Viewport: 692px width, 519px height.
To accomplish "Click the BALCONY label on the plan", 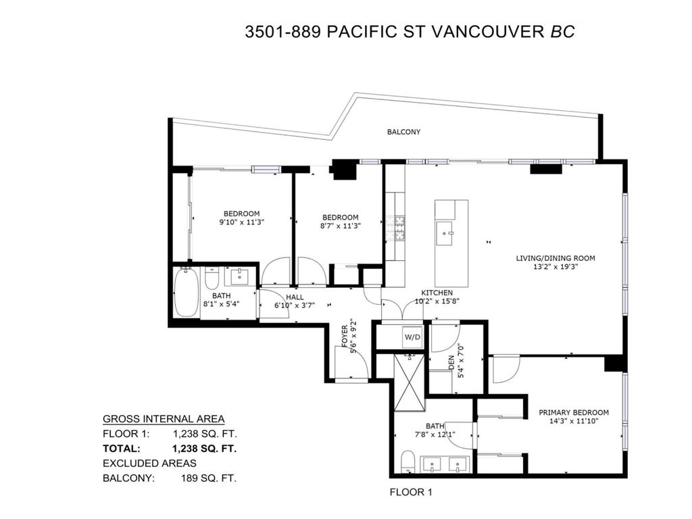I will coord(403,132).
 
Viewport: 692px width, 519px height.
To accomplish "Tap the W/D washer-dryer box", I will coord(412,337).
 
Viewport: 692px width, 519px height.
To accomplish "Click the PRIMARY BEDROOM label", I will coord(573,412).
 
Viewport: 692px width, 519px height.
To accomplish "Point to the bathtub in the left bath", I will coord(186,293).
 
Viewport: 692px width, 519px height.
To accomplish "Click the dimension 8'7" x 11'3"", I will coord(339,226).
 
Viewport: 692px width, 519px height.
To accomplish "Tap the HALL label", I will coord(294,297).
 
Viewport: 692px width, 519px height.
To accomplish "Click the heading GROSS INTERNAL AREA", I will coord(164,419).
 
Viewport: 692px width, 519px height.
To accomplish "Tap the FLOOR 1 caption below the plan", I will coord(411,493).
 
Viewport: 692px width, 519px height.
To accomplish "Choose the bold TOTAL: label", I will coord(122,448).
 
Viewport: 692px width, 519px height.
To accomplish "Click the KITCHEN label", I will coord(437,293).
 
